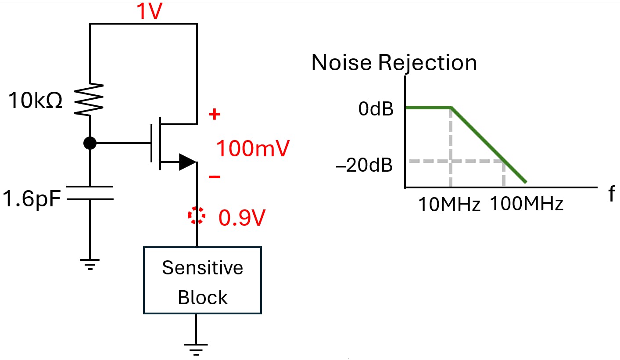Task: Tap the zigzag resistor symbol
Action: [90, 99]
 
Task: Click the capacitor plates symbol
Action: [90, 193]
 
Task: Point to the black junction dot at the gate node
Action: [90, 143]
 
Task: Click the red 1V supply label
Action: [150, 12]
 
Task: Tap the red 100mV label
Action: [253, 149]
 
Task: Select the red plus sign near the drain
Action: [214, 115]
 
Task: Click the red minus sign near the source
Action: [215, 177]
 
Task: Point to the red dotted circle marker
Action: [196, 216]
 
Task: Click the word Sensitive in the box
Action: [202, 267]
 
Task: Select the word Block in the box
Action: [203, 297]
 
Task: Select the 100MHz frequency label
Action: [526, 204]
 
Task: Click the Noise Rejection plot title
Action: [394, 63]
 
